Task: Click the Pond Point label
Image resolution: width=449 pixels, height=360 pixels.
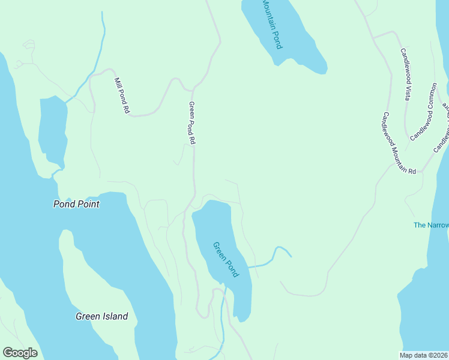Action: coord(76,204)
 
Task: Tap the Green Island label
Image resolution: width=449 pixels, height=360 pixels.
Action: coord(101,316)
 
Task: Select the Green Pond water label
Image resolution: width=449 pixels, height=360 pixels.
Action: coord(226,259)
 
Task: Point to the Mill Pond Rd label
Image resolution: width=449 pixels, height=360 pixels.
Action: coord(122,95)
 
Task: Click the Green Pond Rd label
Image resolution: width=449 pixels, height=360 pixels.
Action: coord(193,122)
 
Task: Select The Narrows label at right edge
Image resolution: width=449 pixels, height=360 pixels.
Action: coord(431,225)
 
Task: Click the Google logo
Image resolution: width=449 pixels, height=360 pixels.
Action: coord(20,353)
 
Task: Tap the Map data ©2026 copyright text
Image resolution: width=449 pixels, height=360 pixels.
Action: coord(424,355)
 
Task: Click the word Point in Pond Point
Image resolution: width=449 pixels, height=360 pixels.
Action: coord(88,204)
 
